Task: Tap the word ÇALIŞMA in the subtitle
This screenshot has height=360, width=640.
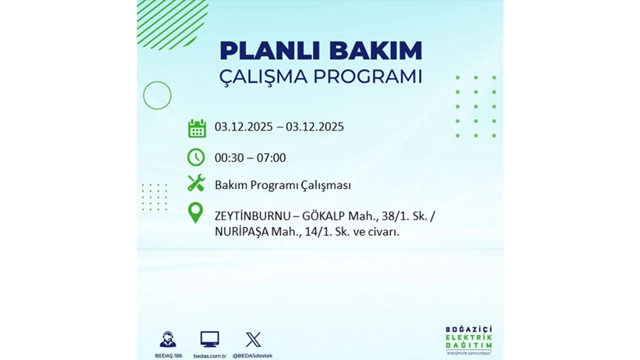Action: coord(265,77)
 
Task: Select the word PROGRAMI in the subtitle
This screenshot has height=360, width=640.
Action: coord(368,77)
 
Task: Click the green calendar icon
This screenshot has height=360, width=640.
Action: coord(197,128)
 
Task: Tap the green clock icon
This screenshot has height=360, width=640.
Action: coord(196,157)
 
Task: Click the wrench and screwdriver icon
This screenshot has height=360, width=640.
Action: coord(196,184)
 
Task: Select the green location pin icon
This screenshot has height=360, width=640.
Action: coord(196,212)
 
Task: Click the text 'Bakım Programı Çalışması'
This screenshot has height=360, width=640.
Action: coord(283,185)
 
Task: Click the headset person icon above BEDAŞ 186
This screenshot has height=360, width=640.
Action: coord(168,339)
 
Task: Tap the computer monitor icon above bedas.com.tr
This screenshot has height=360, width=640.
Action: coord(209,339)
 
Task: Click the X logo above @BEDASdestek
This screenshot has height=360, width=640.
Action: coord(253,339)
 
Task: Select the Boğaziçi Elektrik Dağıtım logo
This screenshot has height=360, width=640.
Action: coord(468,339)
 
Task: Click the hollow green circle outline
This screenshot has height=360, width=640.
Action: coord(157,95)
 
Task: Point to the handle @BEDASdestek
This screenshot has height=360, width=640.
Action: coord(253,355)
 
